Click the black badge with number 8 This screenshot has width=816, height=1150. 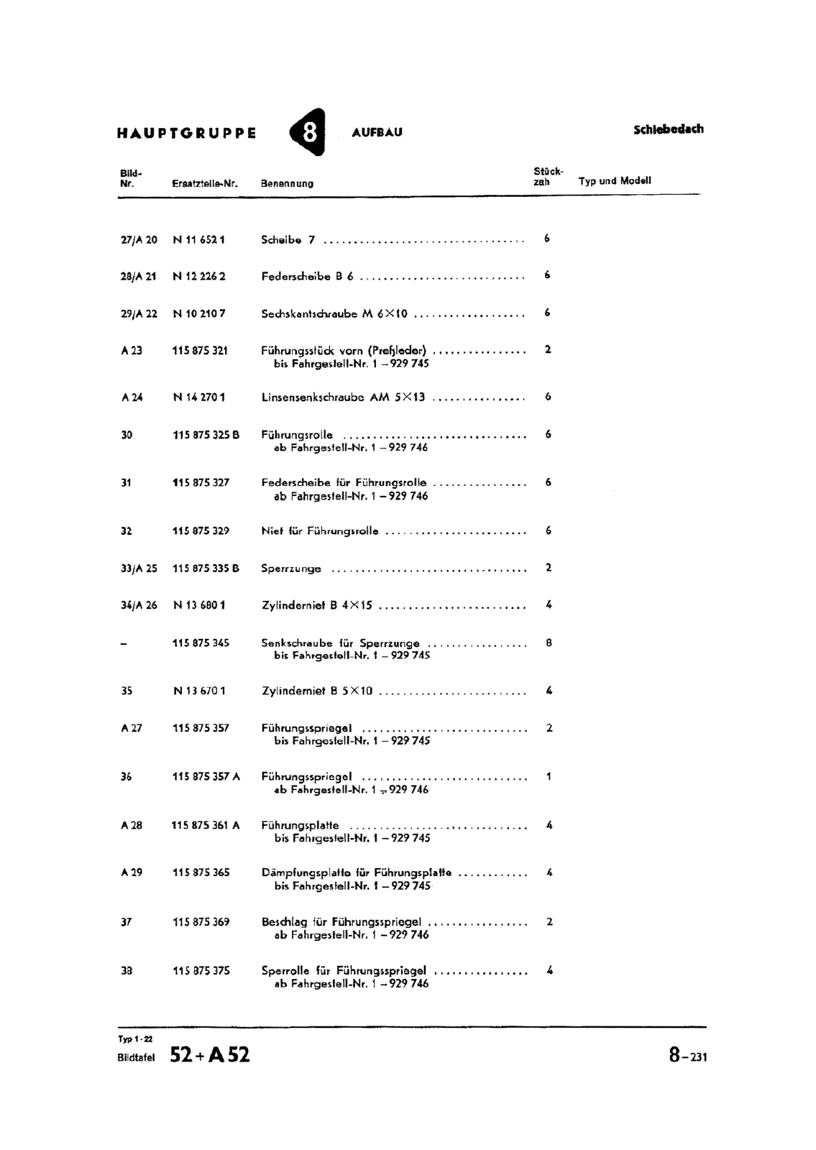click(x=308, y=132)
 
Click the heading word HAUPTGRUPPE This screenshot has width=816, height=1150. click(x=186, y=133)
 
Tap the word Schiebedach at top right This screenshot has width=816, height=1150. click(x=668, y=129)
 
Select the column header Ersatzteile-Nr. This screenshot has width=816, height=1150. click(x=205, y=183)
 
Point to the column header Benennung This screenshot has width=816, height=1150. click(x=287, y=183)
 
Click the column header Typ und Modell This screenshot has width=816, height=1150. click(x=615, y=181)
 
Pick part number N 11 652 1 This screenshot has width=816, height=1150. click(x=199, y=240)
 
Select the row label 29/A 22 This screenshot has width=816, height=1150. click(x=139, y=313)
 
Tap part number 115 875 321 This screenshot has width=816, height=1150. click(x=200, y=351)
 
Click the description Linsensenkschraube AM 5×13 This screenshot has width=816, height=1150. click(x=343, y=397)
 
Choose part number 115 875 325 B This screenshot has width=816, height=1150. click(x=206, y=435)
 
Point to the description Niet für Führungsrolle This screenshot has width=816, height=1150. click(x=320, y=532)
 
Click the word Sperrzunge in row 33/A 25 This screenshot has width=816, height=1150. click(x=291, y=569)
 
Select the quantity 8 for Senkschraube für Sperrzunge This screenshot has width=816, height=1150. click(x=549, y=643)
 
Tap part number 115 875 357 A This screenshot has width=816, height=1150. click(x=206, y=777)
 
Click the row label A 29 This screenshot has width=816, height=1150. click(x=132, y=873)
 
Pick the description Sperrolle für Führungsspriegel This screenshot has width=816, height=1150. click(x=344, y=970)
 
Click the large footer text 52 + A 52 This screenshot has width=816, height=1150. click(x=210, y=1055)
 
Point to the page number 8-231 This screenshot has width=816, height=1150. click(x=687, y=1056)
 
